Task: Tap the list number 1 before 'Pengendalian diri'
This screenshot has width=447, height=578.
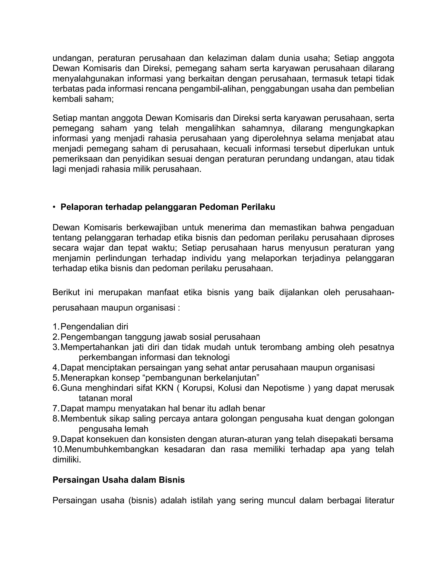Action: pos(55,327)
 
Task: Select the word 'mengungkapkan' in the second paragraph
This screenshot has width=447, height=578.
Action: pos(362,128)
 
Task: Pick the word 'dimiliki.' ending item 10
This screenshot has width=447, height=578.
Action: pos(67,459)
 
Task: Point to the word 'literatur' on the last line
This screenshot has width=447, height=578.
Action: pos(380,500)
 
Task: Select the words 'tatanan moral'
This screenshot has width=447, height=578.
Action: pos(105,398)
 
